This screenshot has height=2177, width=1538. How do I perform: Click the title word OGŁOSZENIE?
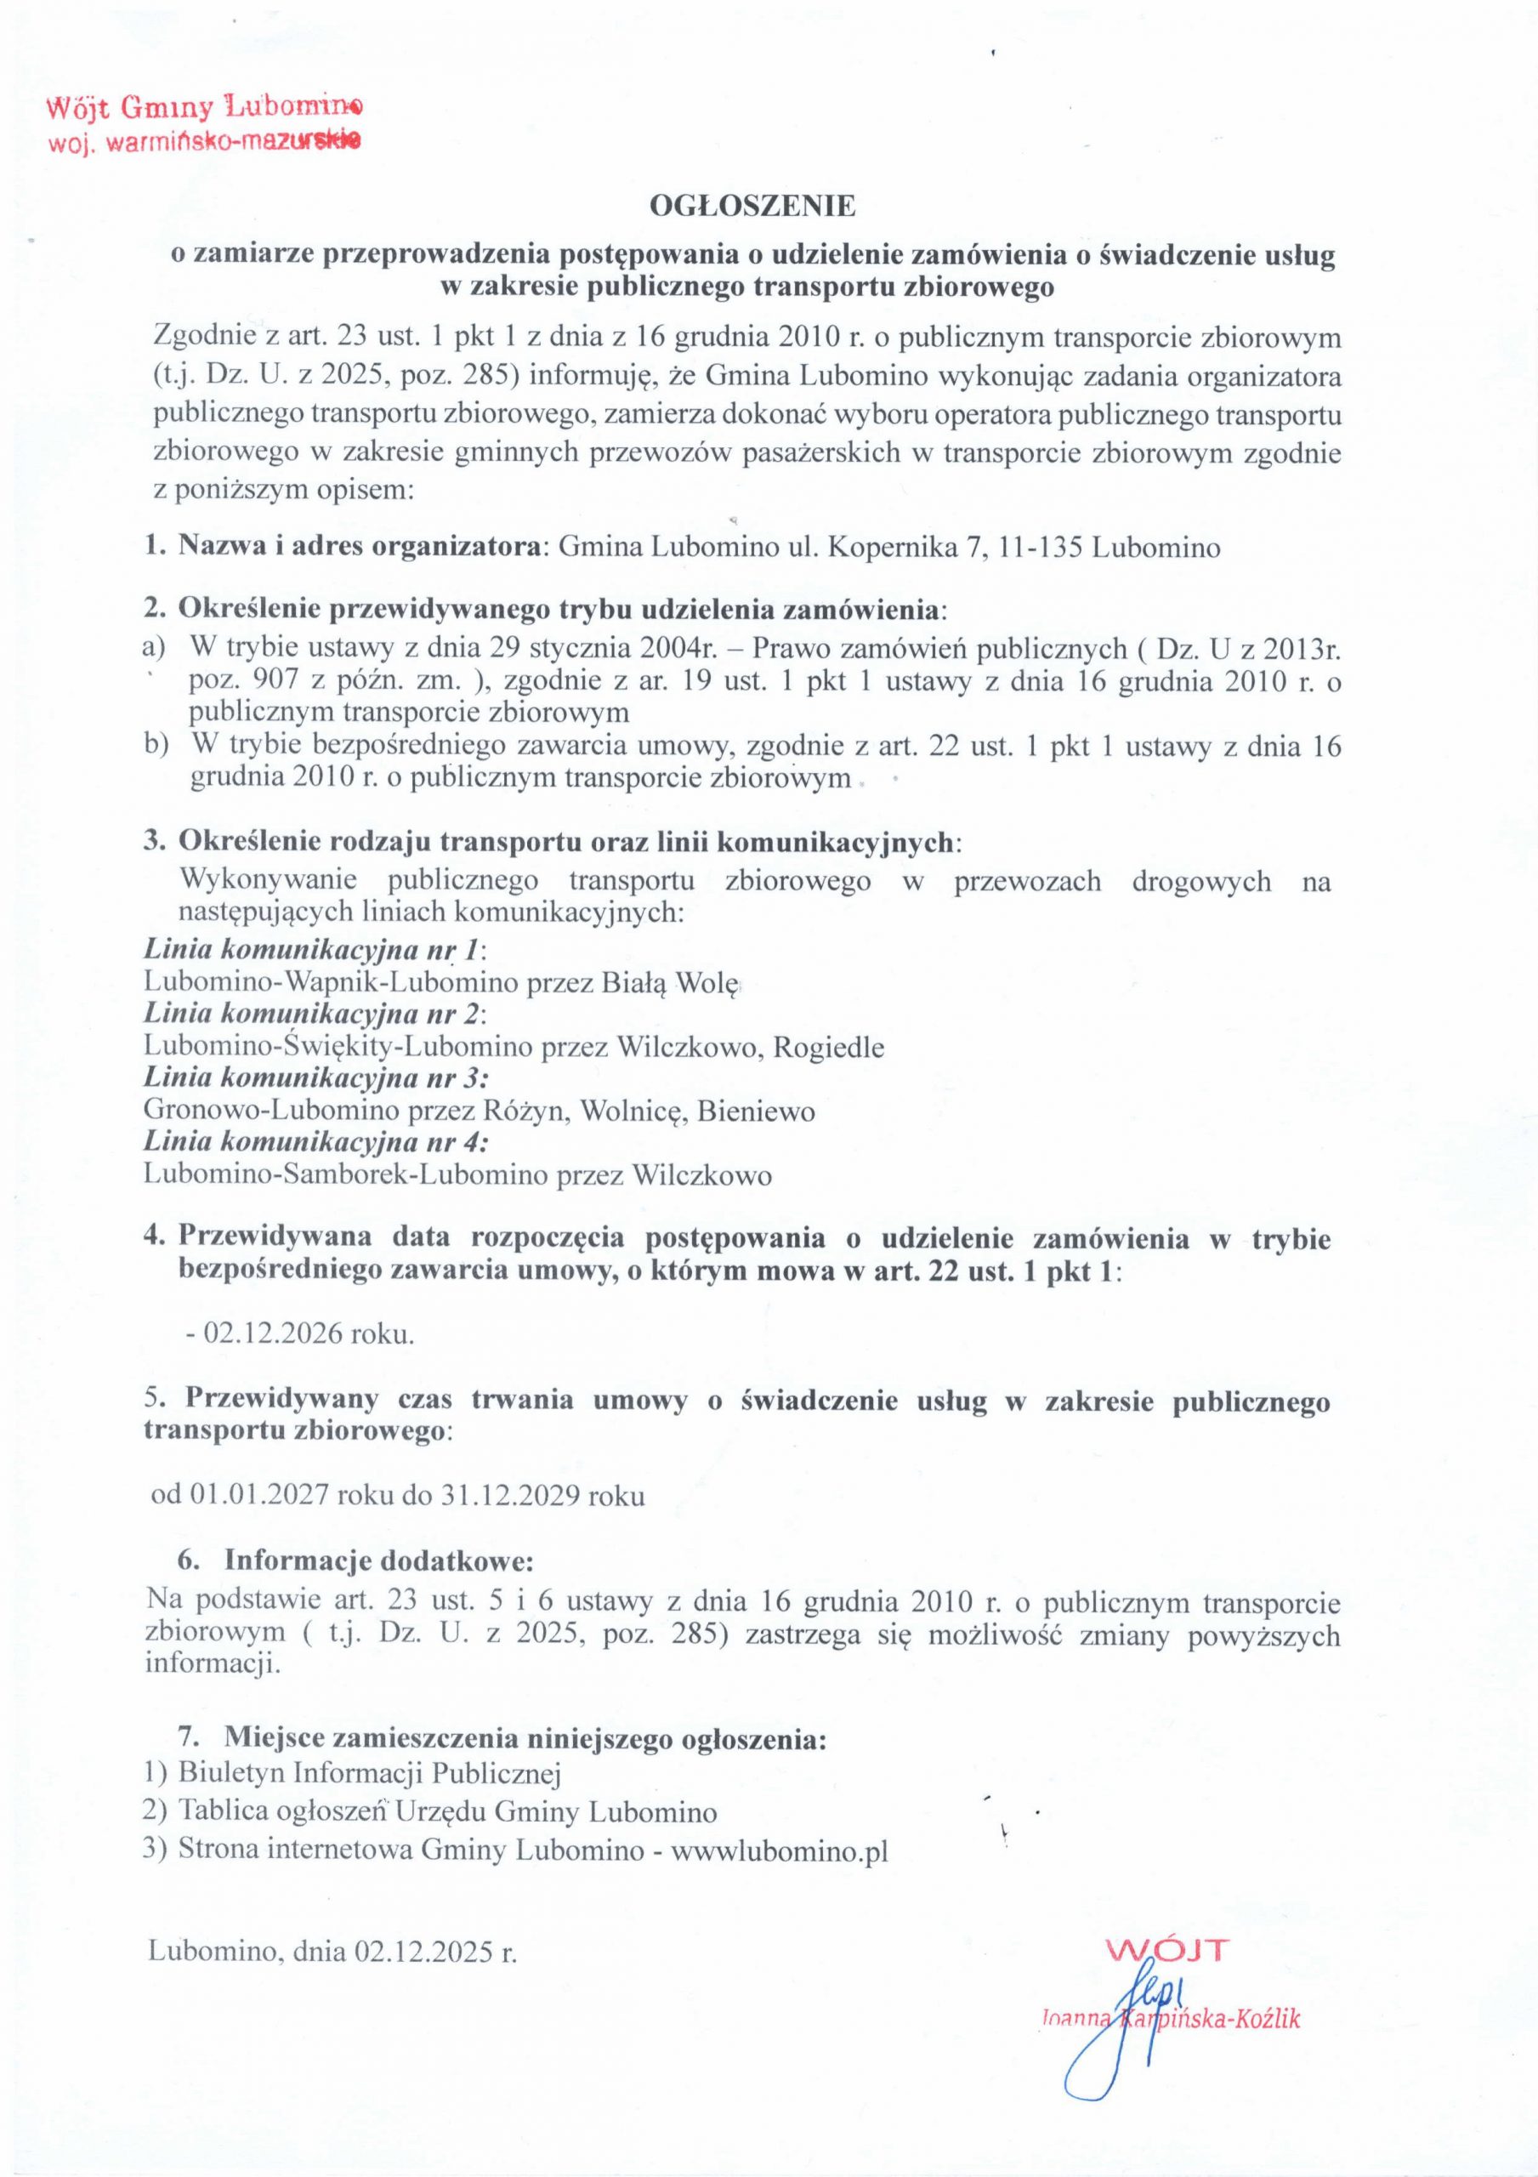pos(751,206)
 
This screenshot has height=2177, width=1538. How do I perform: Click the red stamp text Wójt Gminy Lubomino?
pos(203,108)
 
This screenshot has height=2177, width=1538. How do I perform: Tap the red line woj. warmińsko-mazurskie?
pos(203,143)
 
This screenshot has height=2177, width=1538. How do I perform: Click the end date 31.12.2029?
pos(512,1496)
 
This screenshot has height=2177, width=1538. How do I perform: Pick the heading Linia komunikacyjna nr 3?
pos(315,1078)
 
